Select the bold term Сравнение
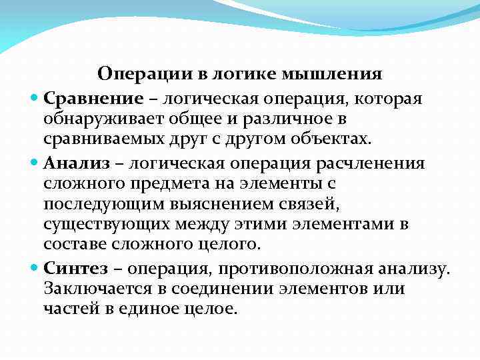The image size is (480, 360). (93, 99)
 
